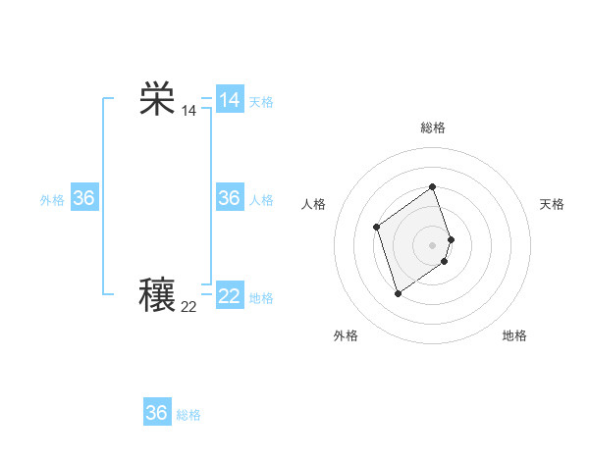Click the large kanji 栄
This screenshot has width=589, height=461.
coord(157,100)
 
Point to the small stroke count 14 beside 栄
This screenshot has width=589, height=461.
coord(188,112)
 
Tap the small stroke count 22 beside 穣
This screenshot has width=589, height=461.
coord(188,307)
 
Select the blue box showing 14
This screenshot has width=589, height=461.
coord(230,100)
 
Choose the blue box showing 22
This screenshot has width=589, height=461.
coord(230,295)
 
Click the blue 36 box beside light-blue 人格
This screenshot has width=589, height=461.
coord(230,198)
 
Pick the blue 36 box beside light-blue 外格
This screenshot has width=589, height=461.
coord(84,198)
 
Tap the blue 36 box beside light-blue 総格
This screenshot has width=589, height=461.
coord(157,413)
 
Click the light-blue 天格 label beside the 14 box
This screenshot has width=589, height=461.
coord(261,102)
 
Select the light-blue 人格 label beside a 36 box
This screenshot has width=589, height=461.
coord(261,200)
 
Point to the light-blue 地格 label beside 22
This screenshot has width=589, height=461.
coord(261,298)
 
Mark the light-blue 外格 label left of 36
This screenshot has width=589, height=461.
coord(52,200)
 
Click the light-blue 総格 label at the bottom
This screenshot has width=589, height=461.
coord(188,415)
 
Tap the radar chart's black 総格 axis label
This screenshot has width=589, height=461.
coord(433,128)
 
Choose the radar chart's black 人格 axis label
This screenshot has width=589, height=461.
coord(314,204)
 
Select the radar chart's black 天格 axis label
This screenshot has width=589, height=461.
coord(553,204)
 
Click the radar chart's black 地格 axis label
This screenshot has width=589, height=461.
coord(514,335)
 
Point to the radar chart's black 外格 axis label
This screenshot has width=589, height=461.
coord(346,335)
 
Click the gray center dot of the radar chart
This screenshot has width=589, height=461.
coord(433,244)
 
